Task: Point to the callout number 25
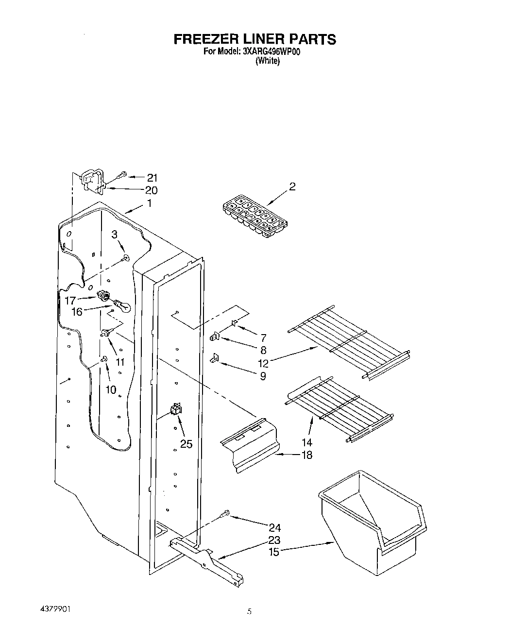click(x=187, y=443)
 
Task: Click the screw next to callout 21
click(x=122, y=173)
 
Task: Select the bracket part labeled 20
click(x=93, y=183)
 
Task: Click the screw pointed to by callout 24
click(x=225, y=513)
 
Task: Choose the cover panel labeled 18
click(x=249, y=444)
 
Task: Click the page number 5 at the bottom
click(x=249, y=612)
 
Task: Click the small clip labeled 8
click(x=215, y=336)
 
